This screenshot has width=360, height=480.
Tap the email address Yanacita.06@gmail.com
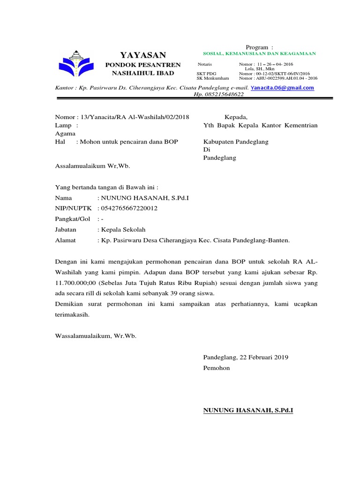282,88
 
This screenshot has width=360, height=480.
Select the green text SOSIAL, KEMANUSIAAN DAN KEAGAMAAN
259,54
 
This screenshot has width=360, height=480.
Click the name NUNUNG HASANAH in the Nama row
143,198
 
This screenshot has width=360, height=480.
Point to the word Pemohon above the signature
217,368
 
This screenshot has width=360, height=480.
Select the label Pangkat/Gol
72,219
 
